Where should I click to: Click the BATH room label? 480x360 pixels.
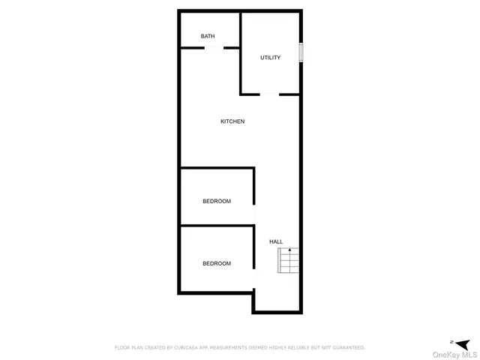tap(208, 36)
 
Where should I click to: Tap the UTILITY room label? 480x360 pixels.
tap(270, 58)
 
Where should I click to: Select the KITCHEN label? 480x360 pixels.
tap(232, 121)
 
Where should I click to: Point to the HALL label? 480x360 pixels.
tap(276, 241)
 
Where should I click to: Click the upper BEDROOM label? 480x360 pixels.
tap(217, 201)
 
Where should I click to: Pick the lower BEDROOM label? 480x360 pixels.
tap(217, 263)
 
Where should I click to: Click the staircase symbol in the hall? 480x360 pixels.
tap(289, 260)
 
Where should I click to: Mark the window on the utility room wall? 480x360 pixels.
tap(301, 52)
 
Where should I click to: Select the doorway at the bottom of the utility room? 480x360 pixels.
tap(270, 94)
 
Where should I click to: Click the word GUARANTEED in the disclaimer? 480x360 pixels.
tap(343, 347)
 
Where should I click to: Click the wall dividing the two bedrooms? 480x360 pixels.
tap(217, 226)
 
